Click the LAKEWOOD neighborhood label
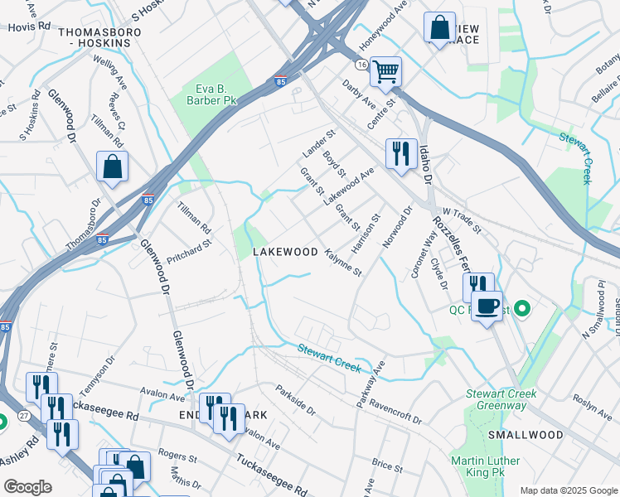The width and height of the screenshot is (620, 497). click(x=285, y=251)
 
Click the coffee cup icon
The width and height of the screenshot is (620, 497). click(x=487, y=307)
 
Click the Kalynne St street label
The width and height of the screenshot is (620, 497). click(x=343, y=262)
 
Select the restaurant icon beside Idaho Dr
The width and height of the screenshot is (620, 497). click(x=400, y=152)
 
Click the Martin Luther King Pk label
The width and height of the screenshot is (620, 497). click(x=486, y=467)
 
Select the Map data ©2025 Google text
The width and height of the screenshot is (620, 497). click(x=568, y=490)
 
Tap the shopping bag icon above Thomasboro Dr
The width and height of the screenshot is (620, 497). click(x=112, y=166)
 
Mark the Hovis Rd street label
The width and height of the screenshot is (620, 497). click(x=24, y=27)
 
